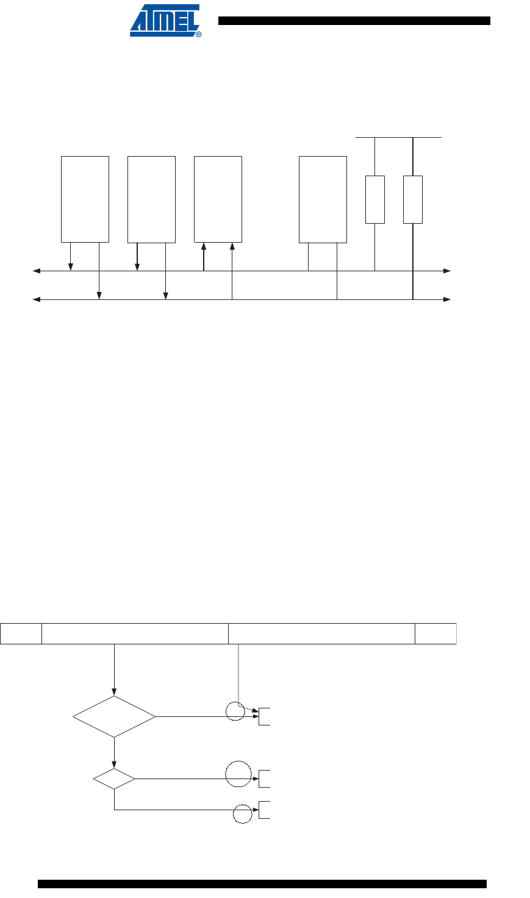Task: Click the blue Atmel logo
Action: (165, 22)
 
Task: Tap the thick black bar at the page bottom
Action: (262, 884)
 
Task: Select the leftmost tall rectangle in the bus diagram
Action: (85, 199)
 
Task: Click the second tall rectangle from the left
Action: (151, 199)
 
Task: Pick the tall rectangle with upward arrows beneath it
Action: (218, 199)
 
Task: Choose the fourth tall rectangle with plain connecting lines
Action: (323, 199)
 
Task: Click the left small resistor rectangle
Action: (374, 199)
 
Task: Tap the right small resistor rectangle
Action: (413, 199)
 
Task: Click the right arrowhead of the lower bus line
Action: (447, 299)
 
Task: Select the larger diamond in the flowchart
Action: (114, 717)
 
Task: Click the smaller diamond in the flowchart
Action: (114, 779)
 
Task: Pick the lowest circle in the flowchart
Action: (243, 814)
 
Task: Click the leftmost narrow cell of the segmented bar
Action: (21, 633)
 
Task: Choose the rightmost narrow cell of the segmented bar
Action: (435, 633)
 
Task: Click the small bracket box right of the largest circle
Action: (265, 779)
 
